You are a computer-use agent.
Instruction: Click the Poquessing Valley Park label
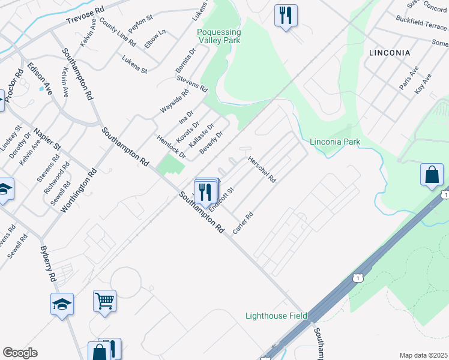[x=218, y=36]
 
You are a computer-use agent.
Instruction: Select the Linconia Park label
[x=335, y=142]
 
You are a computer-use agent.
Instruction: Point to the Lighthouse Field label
[x=276, y=316]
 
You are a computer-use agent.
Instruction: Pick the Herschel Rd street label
[x=262, y=170]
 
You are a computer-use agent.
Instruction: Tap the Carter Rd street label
[x=244, y=223]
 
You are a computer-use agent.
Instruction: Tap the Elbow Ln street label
[x=155, y=39]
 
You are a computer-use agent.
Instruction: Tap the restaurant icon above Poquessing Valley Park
[x=285, y=15]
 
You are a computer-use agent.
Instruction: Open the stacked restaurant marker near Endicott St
[x=206, y=191]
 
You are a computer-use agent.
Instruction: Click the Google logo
[x=20, y=353]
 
